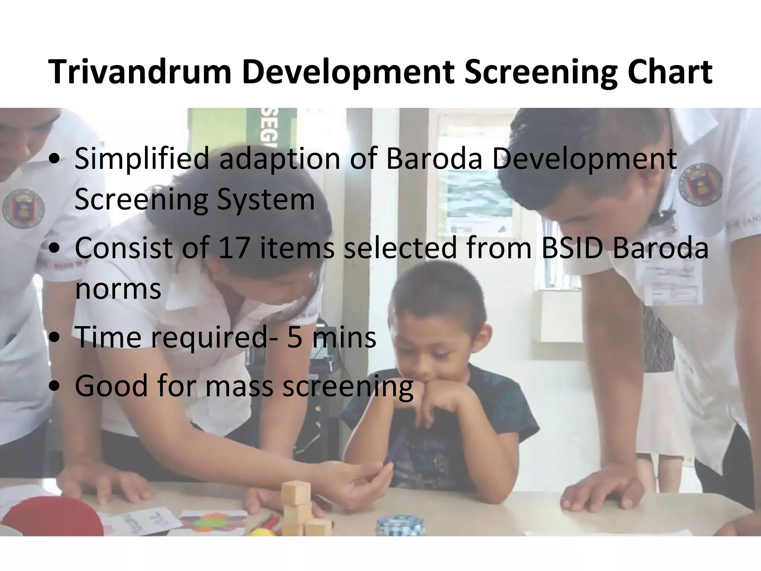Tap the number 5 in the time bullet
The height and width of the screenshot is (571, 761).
coord(294,337)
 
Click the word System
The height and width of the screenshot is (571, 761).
coord(266,199)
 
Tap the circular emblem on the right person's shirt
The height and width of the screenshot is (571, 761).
coord(700,188)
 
